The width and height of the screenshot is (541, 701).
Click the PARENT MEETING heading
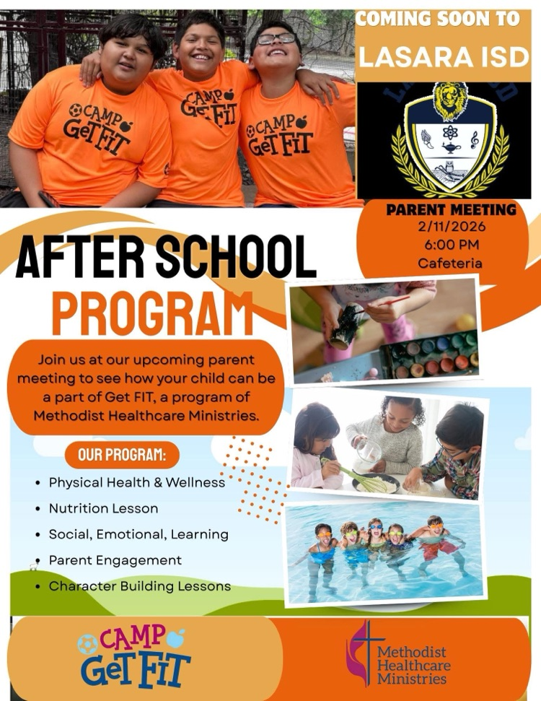coord(451,210)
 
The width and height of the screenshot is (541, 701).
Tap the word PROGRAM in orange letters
coord(152,312)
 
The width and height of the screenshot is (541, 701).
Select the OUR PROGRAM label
coord(122,456)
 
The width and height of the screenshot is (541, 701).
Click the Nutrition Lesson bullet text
coord(103,508)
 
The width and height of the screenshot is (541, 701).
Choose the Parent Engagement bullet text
coord(115,560)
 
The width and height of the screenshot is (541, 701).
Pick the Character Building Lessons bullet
coord(140,586)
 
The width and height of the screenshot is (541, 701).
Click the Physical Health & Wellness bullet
coord(137,482)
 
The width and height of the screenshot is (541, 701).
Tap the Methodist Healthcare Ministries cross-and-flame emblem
coord(360,652)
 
